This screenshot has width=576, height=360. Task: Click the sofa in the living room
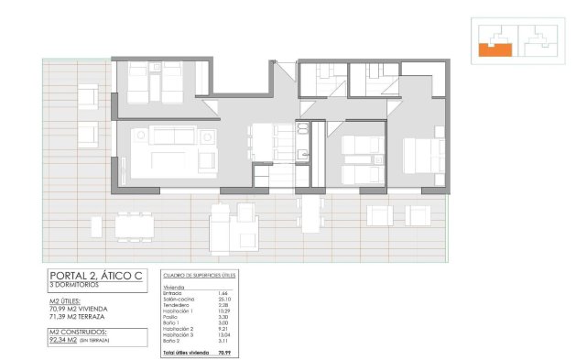pos(174,136)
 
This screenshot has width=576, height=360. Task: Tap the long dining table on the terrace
pos(135,224)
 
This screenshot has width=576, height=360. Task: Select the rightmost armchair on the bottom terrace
pos(418,215)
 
